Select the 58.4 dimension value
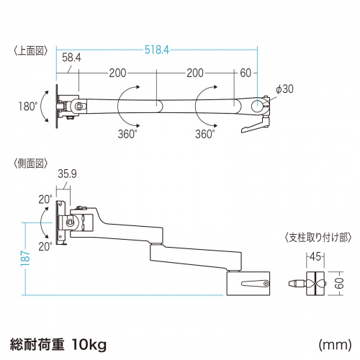coord(71,56)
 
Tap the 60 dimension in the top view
coord(246,73)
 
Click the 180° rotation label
coord(29,106)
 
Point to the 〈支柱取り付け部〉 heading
coord(315,237)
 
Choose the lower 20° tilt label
coord(46,246)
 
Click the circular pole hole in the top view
coord(257,105)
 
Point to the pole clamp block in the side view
coord(249,282)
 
